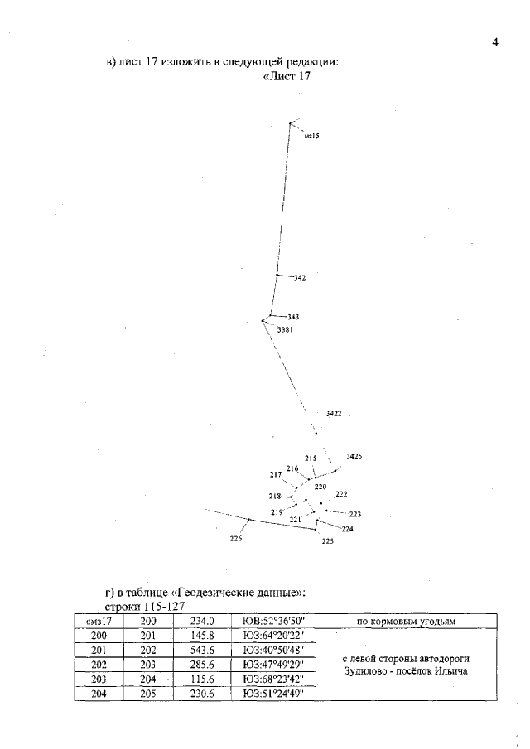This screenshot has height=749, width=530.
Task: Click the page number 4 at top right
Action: coord(494,43)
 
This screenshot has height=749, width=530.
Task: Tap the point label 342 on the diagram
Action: coord(300,279)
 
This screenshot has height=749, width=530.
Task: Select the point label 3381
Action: coord(286,329)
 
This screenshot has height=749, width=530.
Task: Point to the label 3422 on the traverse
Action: coord(334,412)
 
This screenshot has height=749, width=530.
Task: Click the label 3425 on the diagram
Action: coord(354,457)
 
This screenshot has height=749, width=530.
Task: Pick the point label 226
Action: coord(236,538)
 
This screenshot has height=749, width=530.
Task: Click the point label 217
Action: coord(276,475)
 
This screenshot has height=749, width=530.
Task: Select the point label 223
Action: coord(355,514)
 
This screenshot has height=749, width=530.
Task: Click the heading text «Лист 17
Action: coord(287,78)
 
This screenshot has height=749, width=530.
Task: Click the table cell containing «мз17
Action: coord(99,621)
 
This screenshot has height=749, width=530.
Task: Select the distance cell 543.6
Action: coord(203,651)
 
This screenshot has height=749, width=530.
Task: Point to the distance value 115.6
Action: coord(203,680)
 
